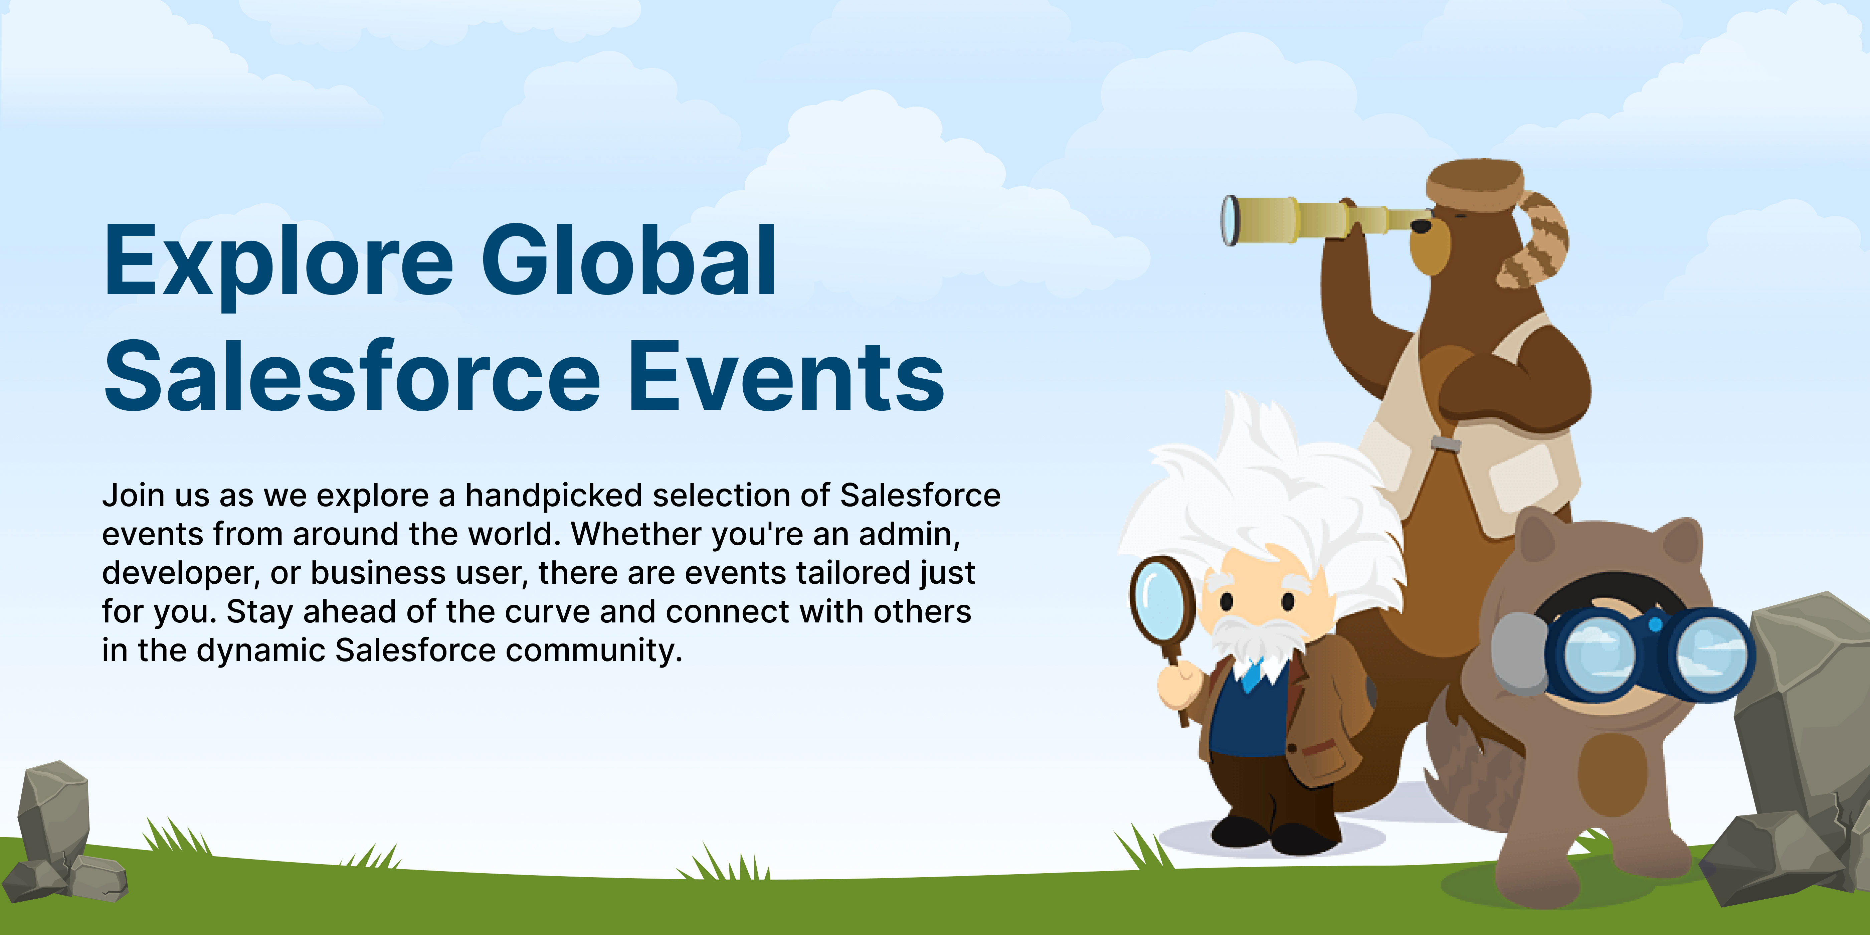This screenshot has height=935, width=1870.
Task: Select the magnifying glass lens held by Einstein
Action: click(x=1161, y=600)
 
